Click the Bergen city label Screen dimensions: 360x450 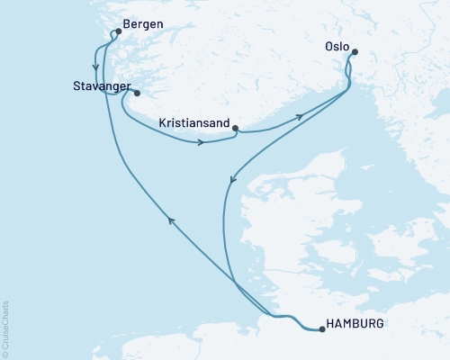coord(146,25)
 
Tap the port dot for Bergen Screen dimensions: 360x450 coord(118,31)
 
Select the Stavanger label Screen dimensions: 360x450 coord(101,87)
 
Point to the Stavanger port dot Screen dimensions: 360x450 coord(137,93)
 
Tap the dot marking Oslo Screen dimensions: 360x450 coord(354,52)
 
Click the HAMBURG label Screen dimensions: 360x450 coord(358,323)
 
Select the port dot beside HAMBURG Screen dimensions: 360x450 coord(321,329)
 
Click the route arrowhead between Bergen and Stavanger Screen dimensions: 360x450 coord(95,65)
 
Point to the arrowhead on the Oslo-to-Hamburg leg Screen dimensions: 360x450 coord(232,180)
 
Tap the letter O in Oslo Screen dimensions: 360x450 coord(328,41)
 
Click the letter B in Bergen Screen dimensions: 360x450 coord(129,25)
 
